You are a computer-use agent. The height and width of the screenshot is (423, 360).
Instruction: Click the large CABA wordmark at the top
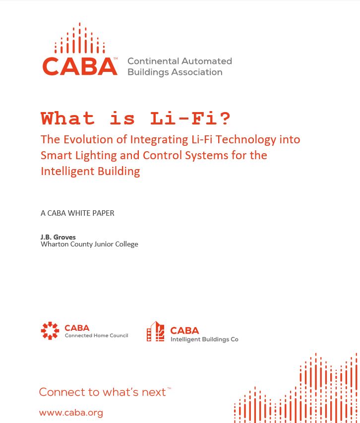coord(80,66)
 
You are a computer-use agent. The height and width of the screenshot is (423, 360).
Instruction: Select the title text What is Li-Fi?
coord(135,119)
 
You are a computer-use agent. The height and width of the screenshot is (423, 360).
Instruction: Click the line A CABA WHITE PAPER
coord(77,213)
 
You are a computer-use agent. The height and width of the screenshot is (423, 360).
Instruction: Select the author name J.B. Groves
coord(58,237)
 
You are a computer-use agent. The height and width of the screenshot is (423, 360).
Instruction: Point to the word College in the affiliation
coord(126,244)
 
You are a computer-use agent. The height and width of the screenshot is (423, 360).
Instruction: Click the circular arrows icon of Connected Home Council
coord(50,331)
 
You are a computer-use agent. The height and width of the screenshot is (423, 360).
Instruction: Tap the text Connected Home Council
coord(96,336)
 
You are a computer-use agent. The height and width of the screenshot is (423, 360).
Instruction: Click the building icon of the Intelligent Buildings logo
coord(156,332)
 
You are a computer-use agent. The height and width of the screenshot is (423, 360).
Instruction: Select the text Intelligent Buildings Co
coord(204,340)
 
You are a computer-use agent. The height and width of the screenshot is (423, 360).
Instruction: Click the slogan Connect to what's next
coord(103,392)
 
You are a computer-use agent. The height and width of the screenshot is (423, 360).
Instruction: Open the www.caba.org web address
coord(71,413)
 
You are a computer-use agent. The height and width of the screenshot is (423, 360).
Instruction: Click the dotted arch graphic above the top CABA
coord(80,40)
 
